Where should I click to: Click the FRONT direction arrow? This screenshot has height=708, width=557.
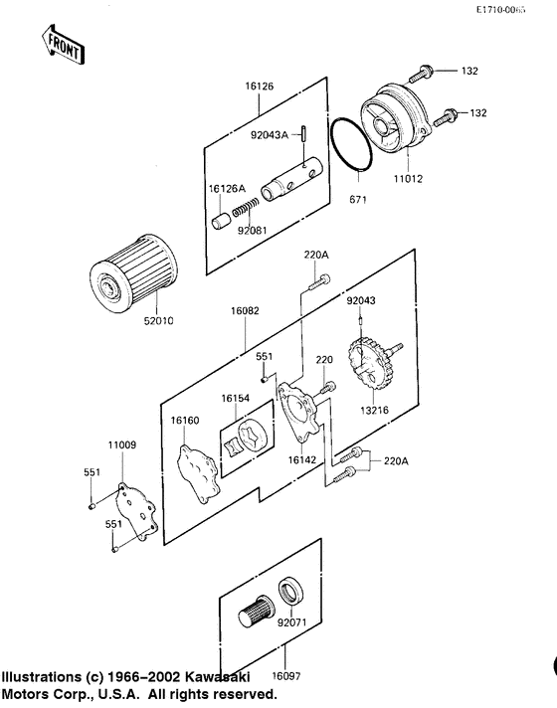(x=63, y=45)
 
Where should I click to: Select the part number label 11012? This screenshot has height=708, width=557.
(x=408, y=179)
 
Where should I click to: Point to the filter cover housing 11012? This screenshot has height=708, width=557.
(x=396, y=118)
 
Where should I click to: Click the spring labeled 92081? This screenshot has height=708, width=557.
(x=246, y=208)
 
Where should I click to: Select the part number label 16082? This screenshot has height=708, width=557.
(x=245, y=311)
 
